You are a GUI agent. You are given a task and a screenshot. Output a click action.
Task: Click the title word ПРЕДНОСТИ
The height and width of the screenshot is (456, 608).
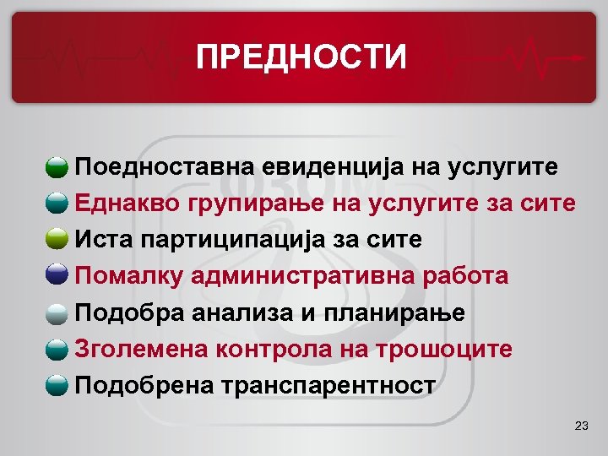pos(301,58)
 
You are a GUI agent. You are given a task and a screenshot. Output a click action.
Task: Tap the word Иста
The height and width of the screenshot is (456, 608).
pos(100,240)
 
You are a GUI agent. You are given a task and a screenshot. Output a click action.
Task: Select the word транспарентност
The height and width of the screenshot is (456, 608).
pos(328,386)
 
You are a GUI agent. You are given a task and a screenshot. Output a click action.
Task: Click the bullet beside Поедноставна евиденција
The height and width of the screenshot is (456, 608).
pos(57,167)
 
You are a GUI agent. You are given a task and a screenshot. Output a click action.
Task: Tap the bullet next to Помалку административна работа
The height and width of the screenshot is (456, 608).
pos(57,276)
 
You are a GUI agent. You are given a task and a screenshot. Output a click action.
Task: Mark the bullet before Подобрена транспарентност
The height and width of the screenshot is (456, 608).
pos(57,386)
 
